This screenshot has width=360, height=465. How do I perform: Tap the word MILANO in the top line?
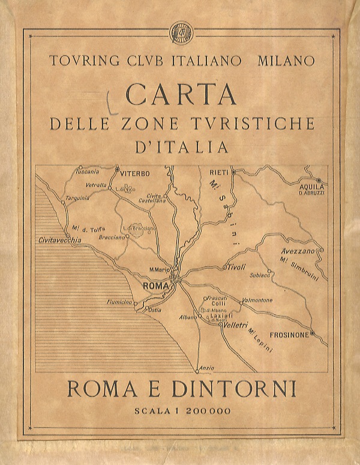(286, 61)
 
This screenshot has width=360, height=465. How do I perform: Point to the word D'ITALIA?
(181, 146)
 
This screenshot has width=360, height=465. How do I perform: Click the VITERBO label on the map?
(134, 173)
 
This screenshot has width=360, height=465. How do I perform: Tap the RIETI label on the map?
(219, 172)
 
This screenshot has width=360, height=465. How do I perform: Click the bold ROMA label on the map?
(155, 287)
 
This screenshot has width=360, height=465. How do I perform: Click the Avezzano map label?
(298, 250)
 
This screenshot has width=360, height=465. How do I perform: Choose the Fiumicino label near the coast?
(119, 302)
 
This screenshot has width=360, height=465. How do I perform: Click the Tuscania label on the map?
(87, 171)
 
